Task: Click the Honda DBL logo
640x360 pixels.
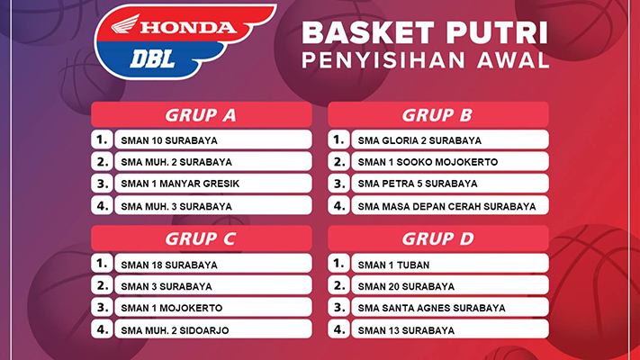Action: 184,40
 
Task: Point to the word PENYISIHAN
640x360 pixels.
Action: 383,60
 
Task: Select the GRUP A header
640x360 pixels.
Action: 202,114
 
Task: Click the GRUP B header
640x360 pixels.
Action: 438,114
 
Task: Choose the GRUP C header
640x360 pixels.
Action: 202,238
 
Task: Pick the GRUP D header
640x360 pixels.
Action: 438,238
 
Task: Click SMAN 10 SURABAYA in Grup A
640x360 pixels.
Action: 169,140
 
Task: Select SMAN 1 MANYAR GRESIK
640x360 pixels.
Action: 180,184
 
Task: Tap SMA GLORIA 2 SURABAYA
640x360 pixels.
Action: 419,140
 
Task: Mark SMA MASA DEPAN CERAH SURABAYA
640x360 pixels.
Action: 447,206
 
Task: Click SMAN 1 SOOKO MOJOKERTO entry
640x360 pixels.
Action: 428,162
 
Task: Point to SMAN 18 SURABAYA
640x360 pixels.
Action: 169,265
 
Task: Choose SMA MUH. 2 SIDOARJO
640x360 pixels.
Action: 175,330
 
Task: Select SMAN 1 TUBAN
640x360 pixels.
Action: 393,265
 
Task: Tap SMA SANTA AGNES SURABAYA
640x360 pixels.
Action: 431,308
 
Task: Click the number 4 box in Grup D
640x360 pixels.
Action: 338,329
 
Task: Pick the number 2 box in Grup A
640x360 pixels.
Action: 102,161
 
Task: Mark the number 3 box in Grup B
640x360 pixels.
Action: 338,184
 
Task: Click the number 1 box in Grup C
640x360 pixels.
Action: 102,264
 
